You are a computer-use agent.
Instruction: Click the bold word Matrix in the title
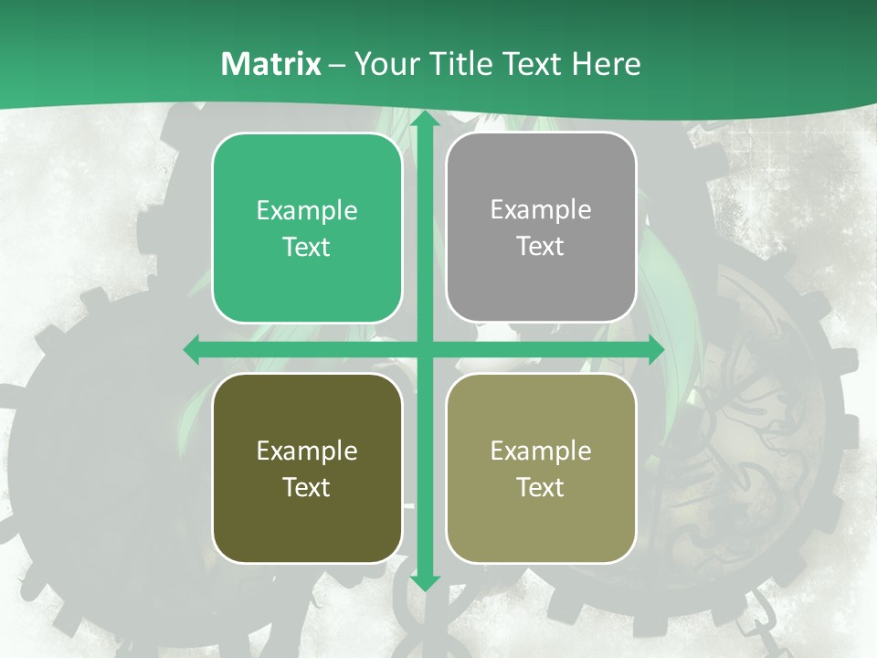271,64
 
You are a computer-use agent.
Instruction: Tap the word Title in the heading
460,64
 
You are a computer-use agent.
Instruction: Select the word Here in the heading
606,64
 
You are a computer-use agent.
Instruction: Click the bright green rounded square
307,228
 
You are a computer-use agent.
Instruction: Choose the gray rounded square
541,228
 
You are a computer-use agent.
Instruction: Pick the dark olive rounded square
307,468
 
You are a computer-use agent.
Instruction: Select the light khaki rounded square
541,468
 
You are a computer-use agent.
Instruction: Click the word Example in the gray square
541,210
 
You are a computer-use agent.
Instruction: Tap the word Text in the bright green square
307,247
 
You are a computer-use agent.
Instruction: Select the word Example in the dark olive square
307,451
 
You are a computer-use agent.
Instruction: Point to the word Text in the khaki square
541,487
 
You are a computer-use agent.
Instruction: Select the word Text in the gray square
541,246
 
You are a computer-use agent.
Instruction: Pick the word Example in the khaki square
541,451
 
